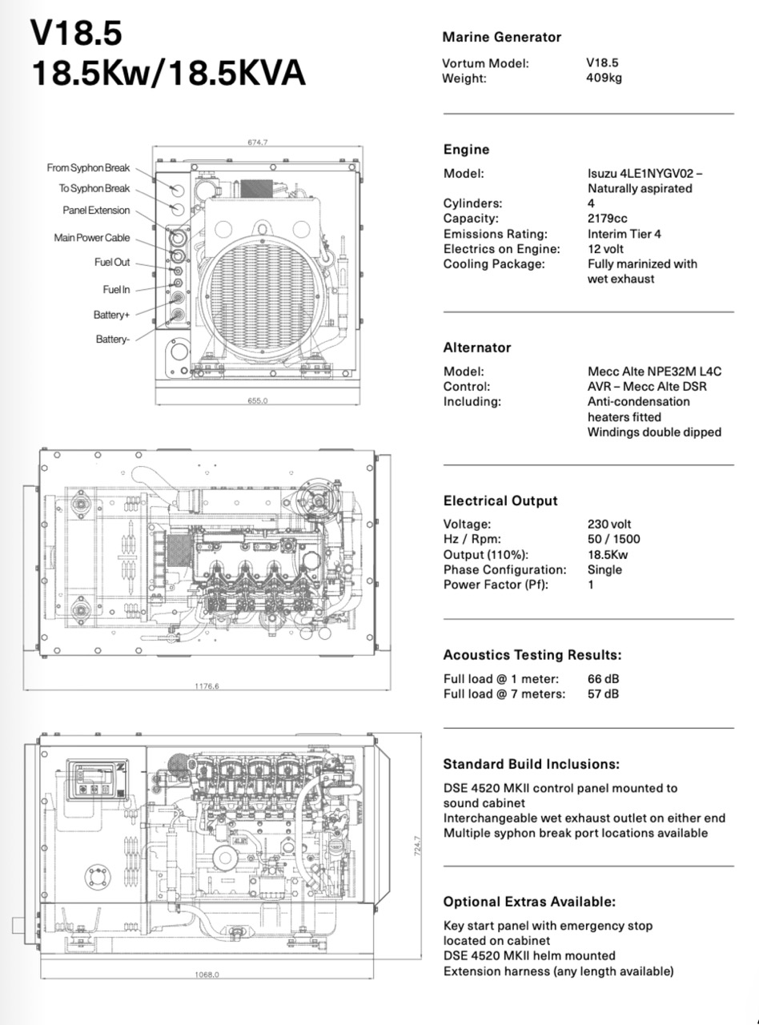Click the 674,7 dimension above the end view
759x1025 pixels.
[x=258, y=142]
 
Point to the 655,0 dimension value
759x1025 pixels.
[x=258, y=400]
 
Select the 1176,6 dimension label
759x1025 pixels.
[x=207, y=685]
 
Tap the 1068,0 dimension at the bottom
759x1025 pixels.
[x=207, y=975]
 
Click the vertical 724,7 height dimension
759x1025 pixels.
[x=417, y=846]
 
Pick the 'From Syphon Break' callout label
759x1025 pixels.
[x=88, y=168]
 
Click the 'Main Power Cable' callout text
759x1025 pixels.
[x=92, y=238]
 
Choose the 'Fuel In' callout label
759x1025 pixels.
[x=115, y=289]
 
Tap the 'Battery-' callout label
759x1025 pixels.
[x=113, y=340]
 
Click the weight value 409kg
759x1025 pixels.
[x=604, y=78]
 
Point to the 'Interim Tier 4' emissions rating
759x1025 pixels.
[x=624, y=234]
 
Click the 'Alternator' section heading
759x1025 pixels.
[x=477, y=348]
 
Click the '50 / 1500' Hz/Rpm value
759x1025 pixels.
[x=614, y=539]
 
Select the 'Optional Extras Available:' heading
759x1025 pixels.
[x=529, y=902]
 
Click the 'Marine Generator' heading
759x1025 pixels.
[x=502, y=37]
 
